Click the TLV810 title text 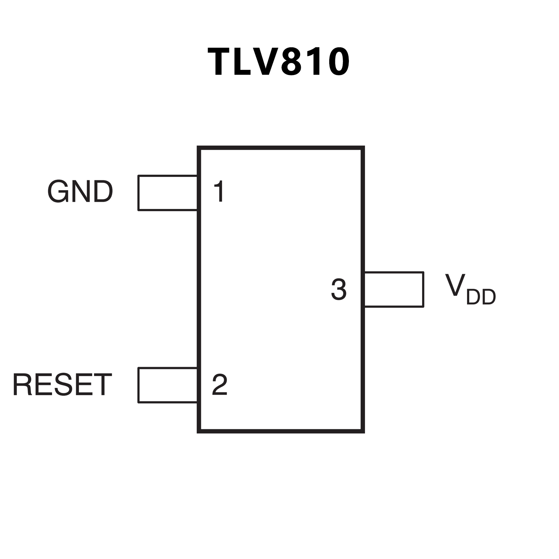coord(279,62)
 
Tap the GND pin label coord(80,192)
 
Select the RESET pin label coord(62,385)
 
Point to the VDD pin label coord(470,290)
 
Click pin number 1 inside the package coord(219,192)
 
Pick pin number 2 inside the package coord(220,385)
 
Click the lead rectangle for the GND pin coord(168,193)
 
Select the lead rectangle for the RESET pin coord(168,385)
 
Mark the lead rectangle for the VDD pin coord(394,290)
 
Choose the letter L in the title coord(244,62)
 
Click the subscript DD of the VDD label coord(481,297)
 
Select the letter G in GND coord(58,192)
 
